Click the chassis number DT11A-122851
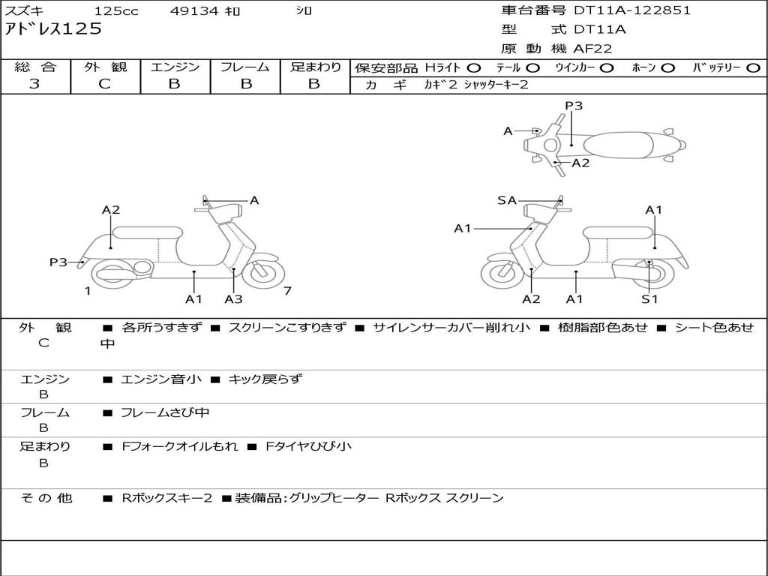[x=632, y=10]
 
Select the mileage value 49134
[x=193, y=10]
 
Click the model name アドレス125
[x=53, y=28]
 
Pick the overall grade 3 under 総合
[x=34, y=84]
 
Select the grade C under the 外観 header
[x=105, y=84]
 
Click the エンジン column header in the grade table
[x=175, y=67]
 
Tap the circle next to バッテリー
[x=753, y=68]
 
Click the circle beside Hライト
[x=474, y=68]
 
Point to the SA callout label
[x=507, y=200]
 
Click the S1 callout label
[x=649, y=298]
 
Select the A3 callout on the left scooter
[x=234, y=298]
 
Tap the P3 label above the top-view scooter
[x=574, y=106]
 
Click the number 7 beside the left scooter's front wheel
[x=287, y=291]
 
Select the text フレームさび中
[x=165, y=413]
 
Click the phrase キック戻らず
[x=265, y=379]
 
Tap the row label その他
[x=46, y=498]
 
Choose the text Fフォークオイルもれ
[x=180, y=447]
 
